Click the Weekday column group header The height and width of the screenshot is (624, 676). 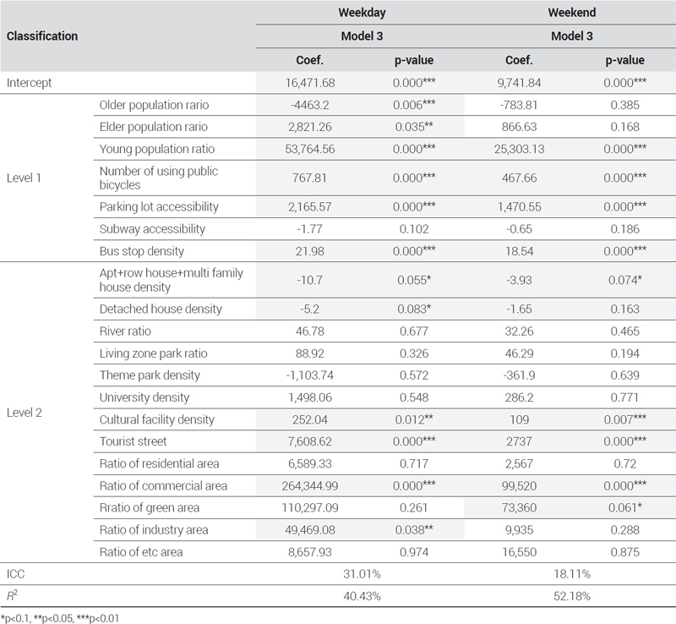[x=362, y=13]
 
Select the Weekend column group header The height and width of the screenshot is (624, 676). [x=572, y=13]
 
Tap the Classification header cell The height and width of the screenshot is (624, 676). [x=42, y=36]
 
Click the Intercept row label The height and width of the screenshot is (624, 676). [x=29, y=83]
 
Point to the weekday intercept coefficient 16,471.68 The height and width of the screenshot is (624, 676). [x=310, y=83]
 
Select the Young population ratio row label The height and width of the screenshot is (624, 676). [x=157, y=149]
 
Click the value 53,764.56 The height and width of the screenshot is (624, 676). [x=310, y=149]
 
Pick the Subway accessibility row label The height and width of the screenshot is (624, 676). [x=152, y=228]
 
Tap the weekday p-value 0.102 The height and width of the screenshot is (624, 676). [x=414, y=228]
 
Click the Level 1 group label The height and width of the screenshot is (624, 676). [x=24, y=178]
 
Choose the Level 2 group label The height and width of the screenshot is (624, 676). [x=25, y=413]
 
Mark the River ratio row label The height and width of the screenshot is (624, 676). [x=125, y=331]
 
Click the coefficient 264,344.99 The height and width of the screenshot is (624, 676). [x=310, y=486]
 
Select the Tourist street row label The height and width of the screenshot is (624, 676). [x=133, y=441]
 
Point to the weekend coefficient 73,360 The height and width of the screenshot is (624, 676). [x=519, y=508]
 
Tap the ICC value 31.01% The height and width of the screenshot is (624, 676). [x=362, y=574]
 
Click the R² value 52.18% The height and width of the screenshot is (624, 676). [x=572, y=596]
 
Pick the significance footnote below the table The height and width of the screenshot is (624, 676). [x=60, y=618]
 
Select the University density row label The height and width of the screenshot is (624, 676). [x=144, y=397]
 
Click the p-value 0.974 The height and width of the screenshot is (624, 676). [x=414, y=552]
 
